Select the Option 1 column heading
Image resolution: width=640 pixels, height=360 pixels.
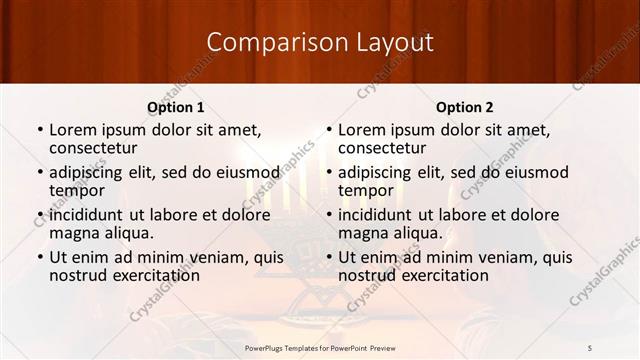176,107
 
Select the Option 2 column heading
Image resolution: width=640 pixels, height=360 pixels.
465,107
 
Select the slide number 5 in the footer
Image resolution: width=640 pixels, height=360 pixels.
590,347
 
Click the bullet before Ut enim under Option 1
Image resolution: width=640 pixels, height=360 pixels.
39,257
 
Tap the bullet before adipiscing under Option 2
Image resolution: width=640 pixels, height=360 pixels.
328,171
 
